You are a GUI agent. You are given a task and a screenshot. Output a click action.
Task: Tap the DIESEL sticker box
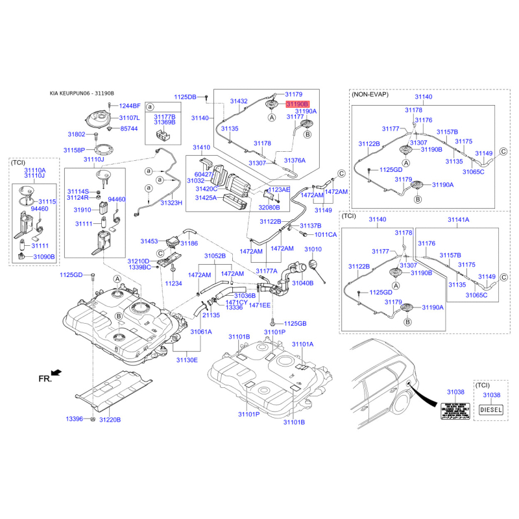[x=491, y=409]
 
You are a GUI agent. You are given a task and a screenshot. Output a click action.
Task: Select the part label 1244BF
[x=129, y=105]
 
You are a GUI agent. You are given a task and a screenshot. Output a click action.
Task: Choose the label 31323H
[x=172, y=203]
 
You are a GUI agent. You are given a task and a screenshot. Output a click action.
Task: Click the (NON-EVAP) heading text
[x=370, y=95]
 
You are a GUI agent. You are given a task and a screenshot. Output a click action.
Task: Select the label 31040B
[x=303, y=283]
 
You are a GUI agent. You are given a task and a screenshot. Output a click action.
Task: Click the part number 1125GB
[x=295, y=323]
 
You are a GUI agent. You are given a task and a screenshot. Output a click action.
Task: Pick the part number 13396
[x=75, y=420]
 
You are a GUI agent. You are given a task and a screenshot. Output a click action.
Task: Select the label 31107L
[x=129, y=118]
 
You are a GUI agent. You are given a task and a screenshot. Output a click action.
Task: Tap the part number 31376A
[x=294, y=160]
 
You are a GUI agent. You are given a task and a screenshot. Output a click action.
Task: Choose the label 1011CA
[x=326, y=234]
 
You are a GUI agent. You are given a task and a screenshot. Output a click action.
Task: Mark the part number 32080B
[x=269, y=207]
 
